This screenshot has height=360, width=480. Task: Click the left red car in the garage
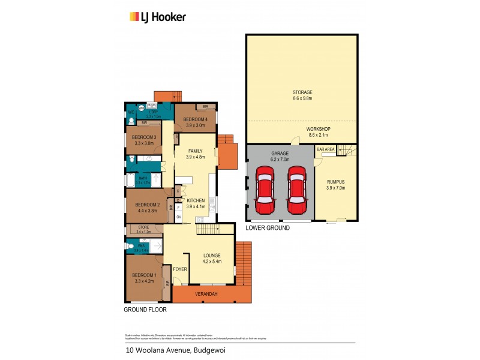pyautogui.click(x=265, y=190)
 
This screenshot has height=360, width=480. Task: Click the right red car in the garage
pyautogui.click(x=296, y=190)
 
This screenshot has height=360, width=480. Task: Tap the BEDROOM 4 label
pyautogui.click(x=196, y=119)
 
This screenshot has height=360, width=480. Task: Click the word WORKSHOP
pyautogui.click(x=319, y=129)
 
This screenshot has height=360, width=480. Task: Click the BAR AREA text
pyautogui.click(x=325, y=149)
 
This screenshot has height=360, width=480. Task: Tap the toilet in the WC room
pyautogui.click(x=131, y=121)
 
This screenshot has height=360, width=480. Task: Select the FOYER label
pyautogui.click(x=180, y=269)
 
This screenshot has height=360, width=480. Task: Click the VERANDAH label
pyautogui.click(x=206, y=293)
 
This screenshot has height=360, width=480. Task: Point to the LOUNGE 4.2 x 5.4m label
pyautogui.click(x=213, y=259)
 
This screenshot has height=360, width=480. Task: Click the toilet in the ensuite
pyautogui.click(x=131, y=246)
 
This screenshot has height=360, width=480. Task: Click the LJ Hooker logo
pyautogui.click(x=158, y=17)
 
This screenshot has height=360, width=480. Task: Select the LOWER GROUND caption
pyautogui.click(x=268, y=228)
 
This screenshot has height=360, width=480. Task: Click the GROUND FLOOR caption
pyautogui.click(x=145, y=310)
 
